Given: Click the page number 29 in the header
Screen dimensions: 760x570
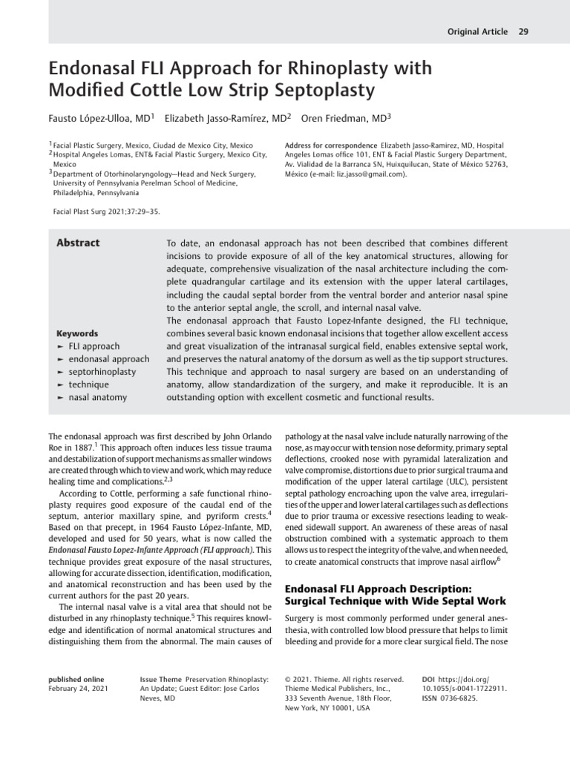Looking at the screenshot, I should (x=523, y=31).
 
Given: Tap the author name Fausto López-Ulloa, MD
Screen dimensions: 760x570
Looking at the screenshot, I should (x=100, y=117).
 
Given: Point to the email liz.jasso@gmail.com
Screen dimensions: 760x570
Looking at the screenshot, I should (x=358, y=174).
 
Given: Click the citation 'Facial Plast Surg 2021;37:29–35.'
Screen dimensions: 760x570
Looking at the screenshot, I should (x=107, y=211).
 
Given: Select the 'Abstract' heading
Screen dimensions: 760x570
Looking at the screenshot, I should (x=79, y=243).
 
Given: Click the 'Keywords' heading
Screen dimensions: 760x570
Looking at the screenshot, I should (x=77, y=333).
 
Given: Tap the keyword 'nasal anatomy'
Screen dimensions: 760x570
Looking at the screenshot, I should (x=97, y=397).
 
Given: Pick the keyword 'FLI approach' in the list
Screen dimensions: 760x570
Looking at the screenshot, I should (x=94, y=346).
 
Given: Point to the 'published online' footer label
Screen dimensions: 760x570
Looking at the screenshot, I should (x=76, y=679).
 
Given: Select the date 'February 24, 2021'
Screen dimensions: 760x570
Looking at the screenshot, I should (x=78, y=689).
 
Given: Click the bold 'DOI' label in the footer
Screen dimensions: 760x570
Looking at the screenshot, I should (x=427, y=679).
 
